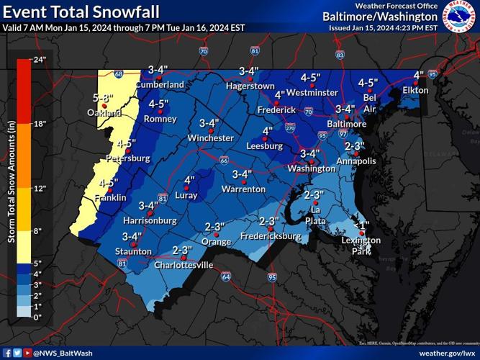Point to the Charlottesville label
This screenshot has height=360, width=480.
(184, 265)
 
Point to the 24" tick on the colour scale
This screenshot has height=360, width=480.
(39, 60)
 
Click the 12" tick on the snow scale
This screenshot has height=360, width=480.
(39, 189)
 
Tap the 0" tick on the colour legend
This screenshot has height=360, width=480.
(37, 316)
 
